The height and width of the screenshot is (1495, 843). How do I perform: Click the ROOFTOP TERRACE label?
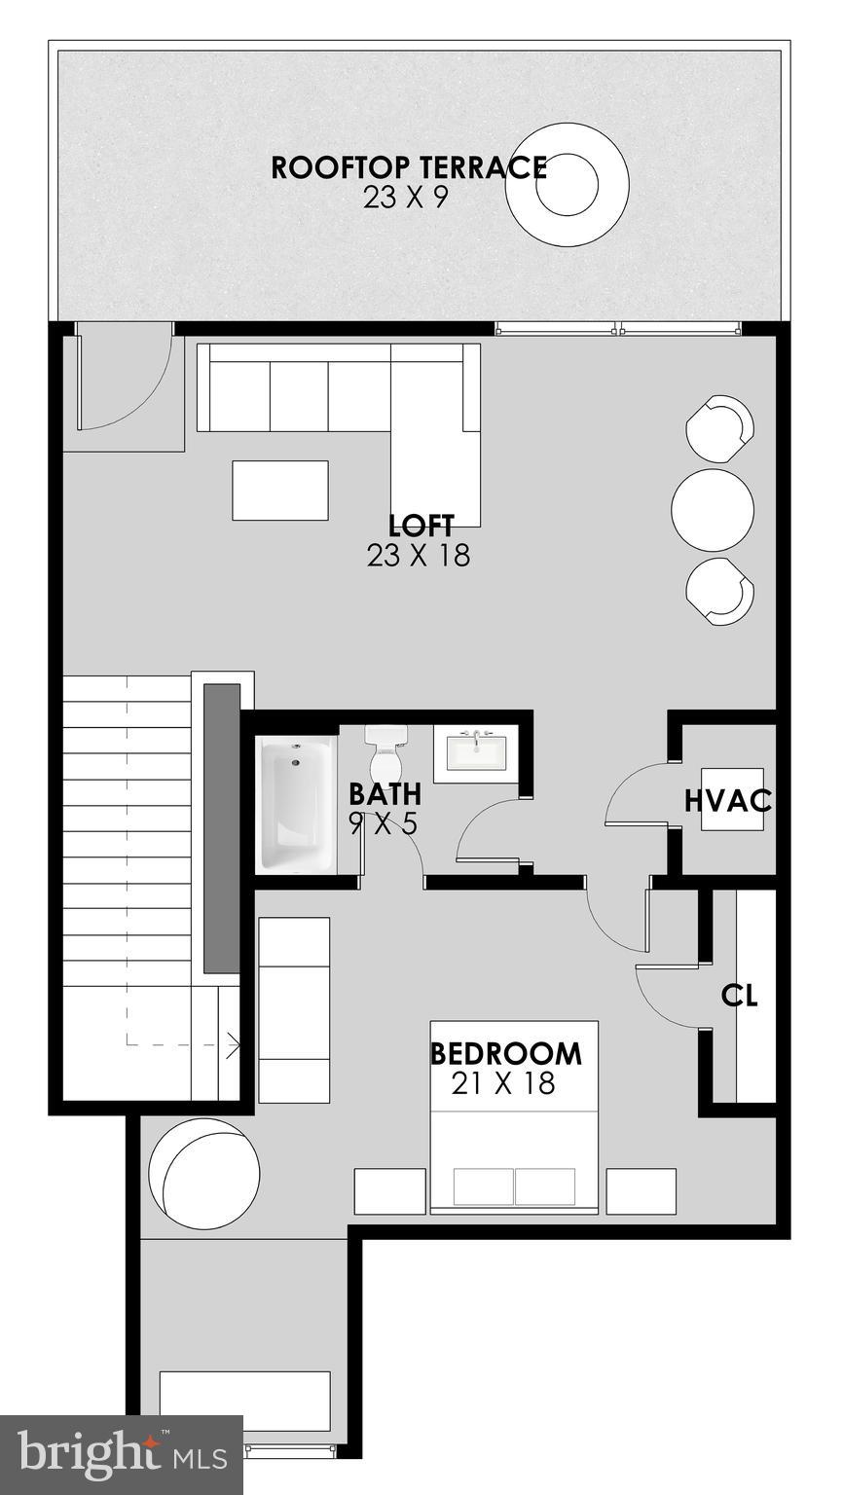point(408,167)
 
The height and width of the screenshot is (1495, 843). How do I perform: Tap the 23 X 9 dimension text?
point(408,198)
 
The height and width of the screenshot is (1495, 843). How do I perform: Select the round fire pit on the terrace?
point(567,183)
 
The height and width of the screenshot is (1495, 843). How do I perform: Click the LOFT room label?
point(421,527)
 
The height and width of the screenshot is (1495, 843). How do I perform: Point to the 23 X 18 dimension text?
point(419,556)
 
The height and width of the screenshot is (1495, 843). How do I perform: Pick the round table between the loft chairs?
point(714,510)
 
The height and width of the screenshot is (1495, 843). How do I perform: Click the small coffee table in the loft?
point(280,491)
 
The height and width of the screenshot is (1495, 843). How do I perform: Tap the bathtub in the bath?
point(296,804)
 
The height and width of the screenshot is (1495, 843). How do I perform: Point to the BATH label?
point(385,794)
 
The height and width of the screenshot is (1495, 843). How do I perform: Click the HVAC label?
point(728,802)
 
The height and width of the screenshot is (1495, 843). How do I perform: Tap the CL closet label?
point(739,996)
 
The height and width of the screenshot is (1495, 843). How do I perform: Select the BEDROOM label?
point(506,1054)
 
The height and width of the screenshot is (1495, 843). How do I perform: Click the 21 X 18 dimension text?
point(503,1083)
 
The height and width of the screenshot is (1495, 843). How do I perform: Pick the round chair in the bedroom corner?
point(202,1172)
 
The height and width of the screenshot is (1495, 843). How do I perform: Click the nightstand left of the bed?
point(389,1190)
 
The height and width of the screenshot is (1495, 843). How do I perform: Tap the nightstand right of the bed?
point(641,1190)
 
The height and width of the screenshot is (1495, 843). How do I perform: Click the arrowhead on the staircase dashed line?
point(235,1045)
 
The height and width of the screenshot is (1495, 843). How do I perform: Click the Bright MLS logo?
point(121,1455)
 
